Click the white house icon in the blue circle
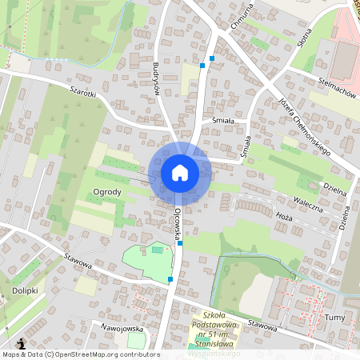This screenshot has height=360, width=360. (x=179, y=172)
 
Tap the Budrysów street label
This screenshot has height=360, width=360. (x=156, y=78)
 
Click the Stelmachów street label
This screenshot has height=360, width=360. (x=336, y=90)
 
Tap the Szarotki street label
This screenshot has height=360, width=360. (x=82, y=92)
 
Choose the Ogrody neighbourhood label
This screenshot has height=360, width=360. (x=106, y=192)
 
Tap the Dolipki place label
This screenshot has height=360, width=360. (x=26, y=290)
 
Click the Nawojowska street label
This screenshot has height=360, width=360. (x=117, y=328)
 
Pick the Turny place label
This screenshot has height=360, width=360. (x=335, y=318)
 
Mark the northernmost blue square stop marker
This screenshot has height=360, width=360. (x=211, y=58)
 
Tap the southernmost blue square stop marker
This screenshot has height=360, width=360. (x=170, y=279)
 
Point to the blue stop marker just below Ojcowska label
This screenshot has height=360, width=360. (x=181, y=242)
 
